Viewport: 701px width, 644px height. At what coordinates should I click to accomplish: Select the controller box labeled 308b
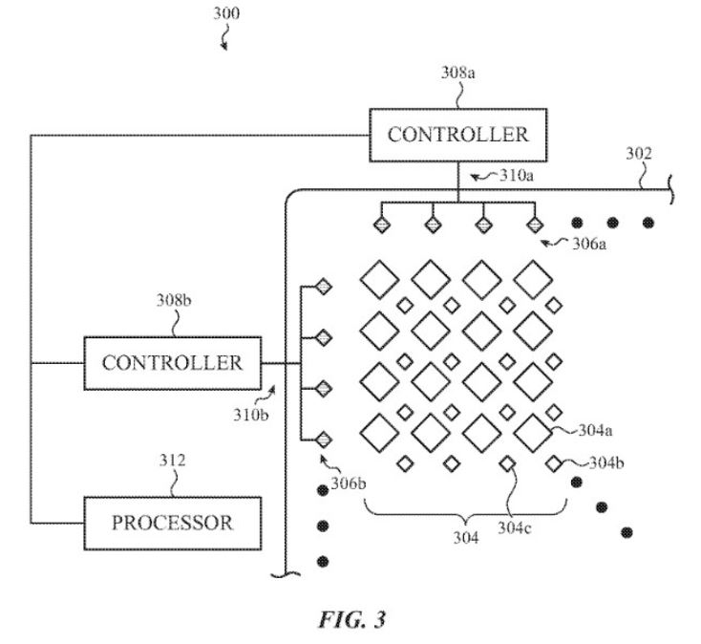pyautogui.click(x=172, y=363)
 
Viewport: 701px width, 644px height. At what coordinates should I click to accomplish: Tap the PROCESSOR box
pyautogui.click(x=172, y=523)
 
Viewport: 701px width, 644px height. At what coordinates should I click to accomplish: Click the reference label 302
pyautogui.click(x=640, y=153)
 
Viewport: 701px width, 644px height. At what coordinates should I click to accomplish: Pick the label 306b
pyautogui.click(x=349, y=483)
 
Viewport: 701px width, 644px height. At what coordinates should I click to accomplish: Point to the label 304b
pyautogui.click(x=606, y=463)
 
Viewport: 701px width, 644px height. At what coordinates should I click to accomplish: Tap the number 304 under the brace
pyautogui.click(x=467, y=536)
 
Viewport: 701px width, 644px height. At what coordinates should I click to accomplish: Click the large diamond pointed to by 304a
pyautogui.click(x=534, y=431)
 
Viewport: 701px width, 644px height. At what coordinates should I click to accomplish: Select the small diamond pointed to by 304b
pyautogui.click(x=553, y=463)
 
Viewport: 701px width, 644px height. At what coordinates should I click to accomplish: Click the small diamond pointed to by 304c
pyautogui.click(x=507, y=463)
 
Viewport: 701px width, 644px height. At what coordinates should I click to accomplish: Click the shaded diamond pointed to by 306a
pyautogui.click(x=535, y=225)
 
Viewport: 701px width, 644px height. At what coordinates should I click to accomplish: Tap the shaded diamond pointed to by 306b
pyautogui.click(x=323, y=440)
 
